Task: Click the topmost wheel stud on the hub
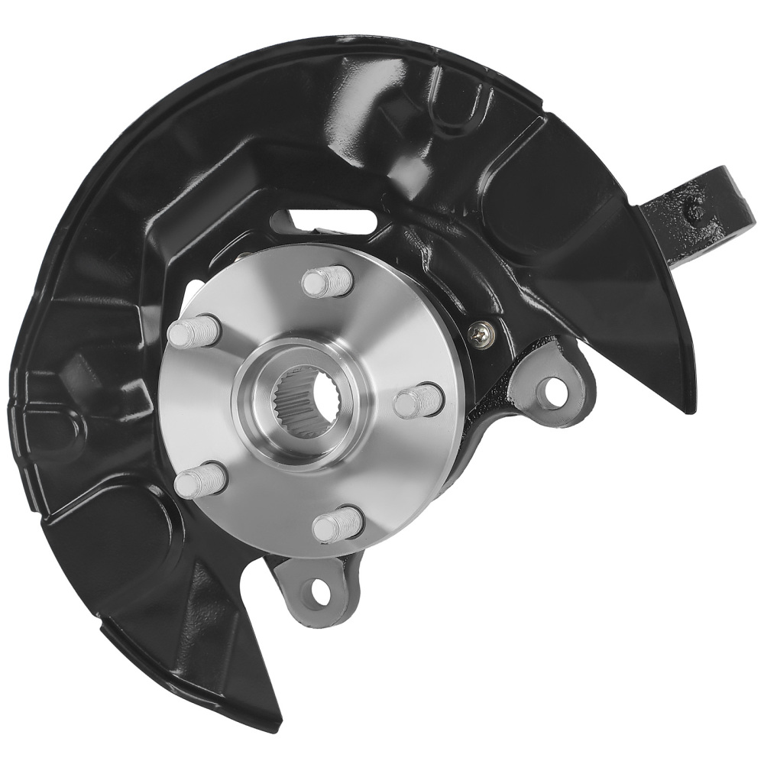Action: [x=326, y=282]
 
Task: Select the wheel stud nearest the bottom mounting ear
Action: [x=337, y=526]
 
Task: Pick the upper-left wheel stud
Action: [x=193, y=332]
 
